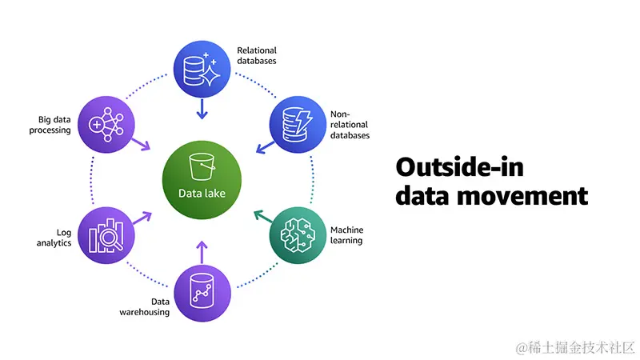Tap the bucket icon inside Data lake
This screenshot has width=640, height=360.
pos(202,166)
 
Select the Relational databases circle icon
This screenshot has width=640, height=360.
pos(202,70)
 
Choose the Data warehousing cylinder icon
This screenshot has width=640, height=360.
pos(202,292)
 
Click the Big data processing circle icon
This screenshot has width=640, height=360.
pos(107,124)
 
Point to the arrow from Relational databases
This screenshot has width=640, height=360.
pos(202,109)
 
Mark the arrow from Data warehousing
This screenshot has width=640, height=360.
pos(202,250)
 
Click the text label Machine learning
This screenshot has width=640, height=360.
pos(346,235)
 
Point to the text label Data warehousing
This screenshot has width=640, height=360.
pos(150,306)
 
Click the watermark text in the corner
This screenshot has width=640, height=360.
pos(575,347)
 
